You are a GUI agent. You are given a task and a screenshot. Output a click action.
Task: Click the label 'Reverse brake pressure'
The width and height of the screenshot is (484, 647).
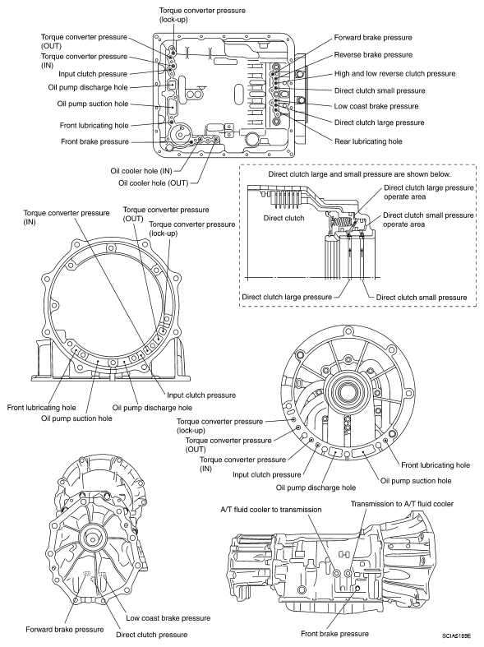coord(373,55)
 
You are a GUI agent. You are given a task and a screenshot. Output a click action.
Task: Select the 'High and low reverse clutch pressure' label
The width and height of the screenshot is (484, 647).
coord(395,74)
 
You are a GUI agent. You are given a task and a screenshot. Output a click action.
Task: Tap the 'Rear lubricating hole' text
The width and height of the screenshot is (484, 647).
coord(368,141)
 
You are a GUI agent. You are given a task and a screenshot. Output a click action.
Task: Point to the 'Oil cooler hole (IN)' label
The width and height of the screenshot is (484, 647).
coord(141,171)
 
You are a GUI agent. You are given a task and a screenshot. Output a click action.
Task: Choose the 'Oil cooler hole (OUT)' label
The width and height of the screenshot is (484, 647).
coord(153,183)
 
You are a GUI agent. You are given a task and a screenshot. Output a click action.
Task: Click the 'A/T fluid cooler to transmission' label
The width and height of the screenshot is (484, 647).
coord(271,510)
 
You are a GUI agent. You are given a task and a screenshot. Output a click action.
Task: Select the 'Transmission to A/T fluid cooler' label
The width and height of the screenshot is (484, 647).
coord(402,504)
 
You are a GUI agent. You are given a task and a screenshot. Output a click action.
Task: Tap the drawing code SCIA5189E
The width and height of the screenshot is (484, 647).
coord(457,635)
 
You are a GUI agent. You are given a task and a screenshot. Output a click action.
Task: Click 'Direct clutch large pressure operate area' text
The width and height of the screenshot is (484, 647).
coord(429,192)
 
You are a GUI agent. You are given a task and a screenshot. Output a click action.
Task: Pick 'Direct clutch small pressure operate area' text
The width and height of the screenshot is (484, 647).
coord(428,220)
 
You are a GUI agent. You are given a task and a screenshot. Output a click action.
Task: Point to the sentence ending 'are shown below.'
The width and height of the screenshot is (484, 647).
coord(359,174)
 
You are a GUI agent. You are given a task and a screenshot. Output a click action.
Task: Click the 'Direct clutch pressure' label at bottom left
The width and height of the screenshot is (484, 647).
coord(152,635)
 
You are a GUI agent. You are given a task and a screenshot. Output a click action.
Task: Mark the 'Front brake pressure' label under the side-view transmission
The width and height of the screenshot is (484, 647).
coord(334,634)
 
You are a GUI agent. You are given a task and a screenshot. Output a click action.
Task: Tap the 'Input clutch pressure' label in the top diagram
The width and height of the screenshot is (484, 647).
coord(93,74)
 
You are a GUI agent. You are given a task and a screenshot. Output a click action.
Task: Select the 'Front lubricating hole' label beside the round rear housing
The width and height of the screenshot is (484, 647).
coord(436,465)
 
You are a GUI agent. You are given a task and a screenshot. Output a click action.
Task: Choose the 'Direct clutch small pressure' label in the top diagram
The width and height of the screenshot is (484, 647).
coord(380,90)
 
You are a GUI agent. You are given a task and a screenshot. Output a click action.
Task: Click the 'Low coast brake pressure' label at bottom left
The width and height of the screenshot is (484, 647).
coord(168,618)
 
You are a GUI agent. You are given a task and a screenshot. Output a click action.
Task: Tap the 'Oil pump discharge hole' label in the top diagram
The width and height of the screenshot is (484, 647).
coord(88,87)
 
